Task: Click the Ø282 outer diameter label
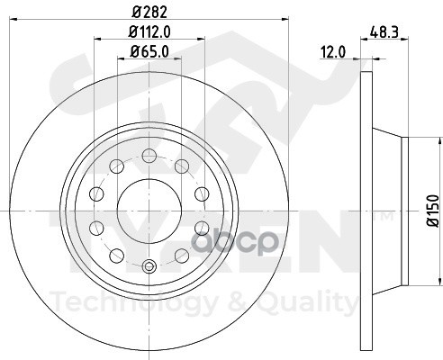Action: point(149,13)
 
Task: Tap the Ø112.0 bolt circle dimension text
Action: point(149,31)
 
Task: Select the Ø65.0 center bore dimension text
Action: point(149,51)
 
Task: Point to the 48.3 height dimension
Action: point(384,31)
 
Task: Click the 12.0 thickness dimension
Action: point(333,52)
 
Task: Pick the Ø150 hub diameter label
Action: point(433,211)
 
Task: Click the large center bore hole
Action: point(149,211)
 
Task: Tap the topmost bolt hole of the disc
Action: point(149,156)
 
